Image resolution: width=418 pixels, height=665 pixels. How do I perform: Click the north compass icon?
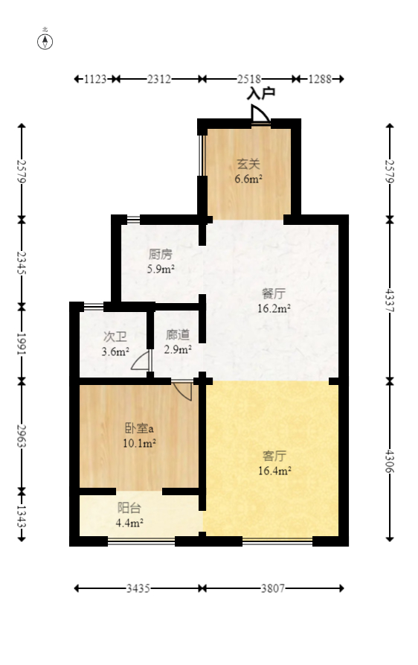(x=45, y=40)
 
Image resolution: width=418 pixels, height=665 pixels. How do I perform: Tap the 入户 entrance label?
(x=261, y=94)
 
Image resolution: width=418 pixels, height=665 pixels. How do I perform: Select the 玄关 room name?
(x=248, y=165)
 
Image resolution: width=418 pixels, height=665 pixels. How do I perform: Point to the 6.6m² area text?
(x=248, y=179)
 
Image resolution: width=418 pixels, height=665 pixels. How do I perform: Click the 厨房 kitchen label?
(x=160, y=254)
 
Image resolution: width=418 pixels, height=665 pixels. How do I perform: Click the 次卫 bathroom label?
(x=115, y=336)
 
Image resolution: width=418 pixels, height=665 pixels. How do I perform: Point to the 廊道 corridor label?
(x=178, y=334)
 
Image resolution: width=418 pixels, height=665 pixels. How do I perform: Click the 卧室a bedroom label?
(x=139, y=428)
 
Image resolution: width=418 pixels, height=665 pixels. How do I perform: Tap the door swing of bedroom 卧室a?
(x=182, y=390)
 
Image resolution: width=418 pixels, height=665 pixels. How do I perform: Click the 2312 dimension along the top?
(x=158, y=78)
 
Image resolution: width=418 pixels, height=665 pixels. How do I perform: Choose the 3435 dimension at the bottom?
(x=138, y=588)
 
